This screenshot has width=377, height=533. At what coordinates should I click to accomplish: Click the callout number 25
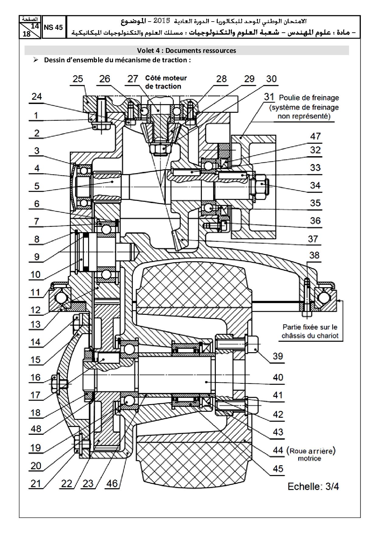[x=78, y=79]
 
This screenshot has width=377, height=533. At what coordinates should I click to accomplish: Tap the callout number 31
[x=269, y=97]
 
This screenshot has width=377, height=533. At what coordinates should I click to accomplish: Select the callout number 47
[x=315, y=136]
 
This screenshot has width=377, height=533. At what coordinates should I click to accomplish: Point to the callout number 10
[x=36, y=275]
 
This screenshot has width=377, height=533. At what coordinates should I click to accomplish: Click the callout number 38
[x=314, y=255]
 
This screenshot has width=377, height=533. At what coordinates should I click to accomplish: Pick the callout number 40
[x=278, y=377]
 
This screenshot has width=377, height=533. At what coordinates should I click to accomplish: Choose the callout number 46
[x=112, y=483]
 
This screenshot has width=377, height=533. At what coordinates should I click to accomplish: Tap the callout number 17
[x=36, y=395]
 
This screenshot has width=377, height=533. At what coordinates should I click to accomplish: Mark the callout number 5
[x=37, y=186]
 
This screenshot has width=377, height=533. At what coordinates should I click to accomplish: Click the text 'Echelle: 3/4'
[x=313, y=487]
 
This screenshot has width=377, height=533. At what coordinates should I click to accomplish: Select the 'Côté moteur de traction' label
[x=166, y=82]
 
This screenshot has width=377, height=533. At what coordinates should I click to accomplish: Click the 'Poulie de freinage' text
[x=309, y=98]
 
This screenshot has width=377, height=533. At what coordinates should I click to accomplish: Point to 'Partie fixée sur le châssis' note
[x=310, y=332]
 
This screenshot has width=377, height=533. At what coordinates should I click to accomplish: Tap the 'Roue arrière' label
[x=312, y=451]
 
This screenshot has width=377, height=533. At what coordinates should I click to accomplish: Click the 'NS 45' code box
[x=54, y=27]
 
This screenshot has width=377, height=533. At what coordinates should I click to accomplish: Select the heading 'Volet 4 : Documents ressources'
[x=186, y=50]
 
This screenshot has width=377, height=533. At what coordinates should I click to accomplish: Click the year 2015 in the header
[x=161, y=21]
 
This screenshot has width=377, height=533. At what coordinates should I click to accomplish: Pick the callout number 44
[x=278, y=450]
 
